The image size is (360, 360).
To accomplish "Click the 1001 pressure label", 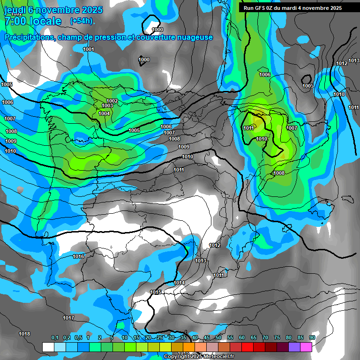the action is point(88,49).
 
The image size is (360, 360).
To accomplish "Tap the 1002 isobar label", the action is point(112,101).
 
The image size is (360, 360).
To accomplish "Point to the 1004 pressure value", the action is point(104,113).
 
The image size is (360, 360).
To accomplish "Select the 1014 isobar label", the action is point(179,283).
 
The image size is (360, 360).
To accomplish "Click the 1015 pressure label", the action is point(156,292).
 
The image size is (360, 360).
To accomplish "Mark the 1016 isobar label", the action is point(78,256).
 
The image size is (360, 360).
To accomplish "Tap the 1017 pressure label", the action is point(68,318).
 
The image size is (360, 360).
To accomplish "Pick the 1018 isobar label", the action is point(24,334).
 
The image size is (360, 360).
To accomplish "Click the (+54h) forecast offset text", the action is point(82,21).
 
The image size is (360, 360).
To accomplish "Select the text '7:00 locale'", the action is point(33,21).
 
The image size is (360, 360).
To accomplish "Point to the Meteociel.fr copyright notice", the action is point(199,356).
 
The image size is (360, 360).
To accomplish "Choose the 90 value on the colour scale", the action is point(312,338).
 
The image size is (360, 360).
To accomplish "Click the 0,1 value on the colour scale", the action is point(55,338).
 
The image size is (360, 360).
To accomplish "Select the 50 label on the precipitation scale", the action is point(218,338).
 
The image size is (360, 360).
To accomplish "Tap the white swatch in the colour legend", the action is point(48,347).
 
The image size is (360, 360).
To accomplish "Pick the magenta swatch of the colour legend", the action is point(306,347).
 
